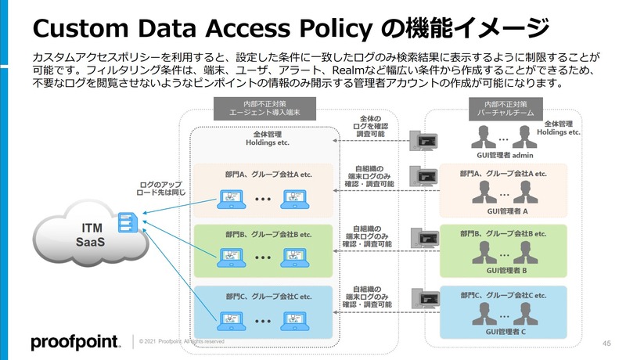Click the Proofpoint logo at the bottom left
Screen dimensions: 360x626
click(x=75, y=342)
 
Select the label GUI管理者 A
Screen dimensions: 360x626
click(x=509, y=211)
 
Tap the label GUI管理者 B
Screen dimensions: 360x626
click(x=509, y=271)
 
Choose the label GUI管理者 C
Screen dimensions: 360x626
click(x=509, y=332)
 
